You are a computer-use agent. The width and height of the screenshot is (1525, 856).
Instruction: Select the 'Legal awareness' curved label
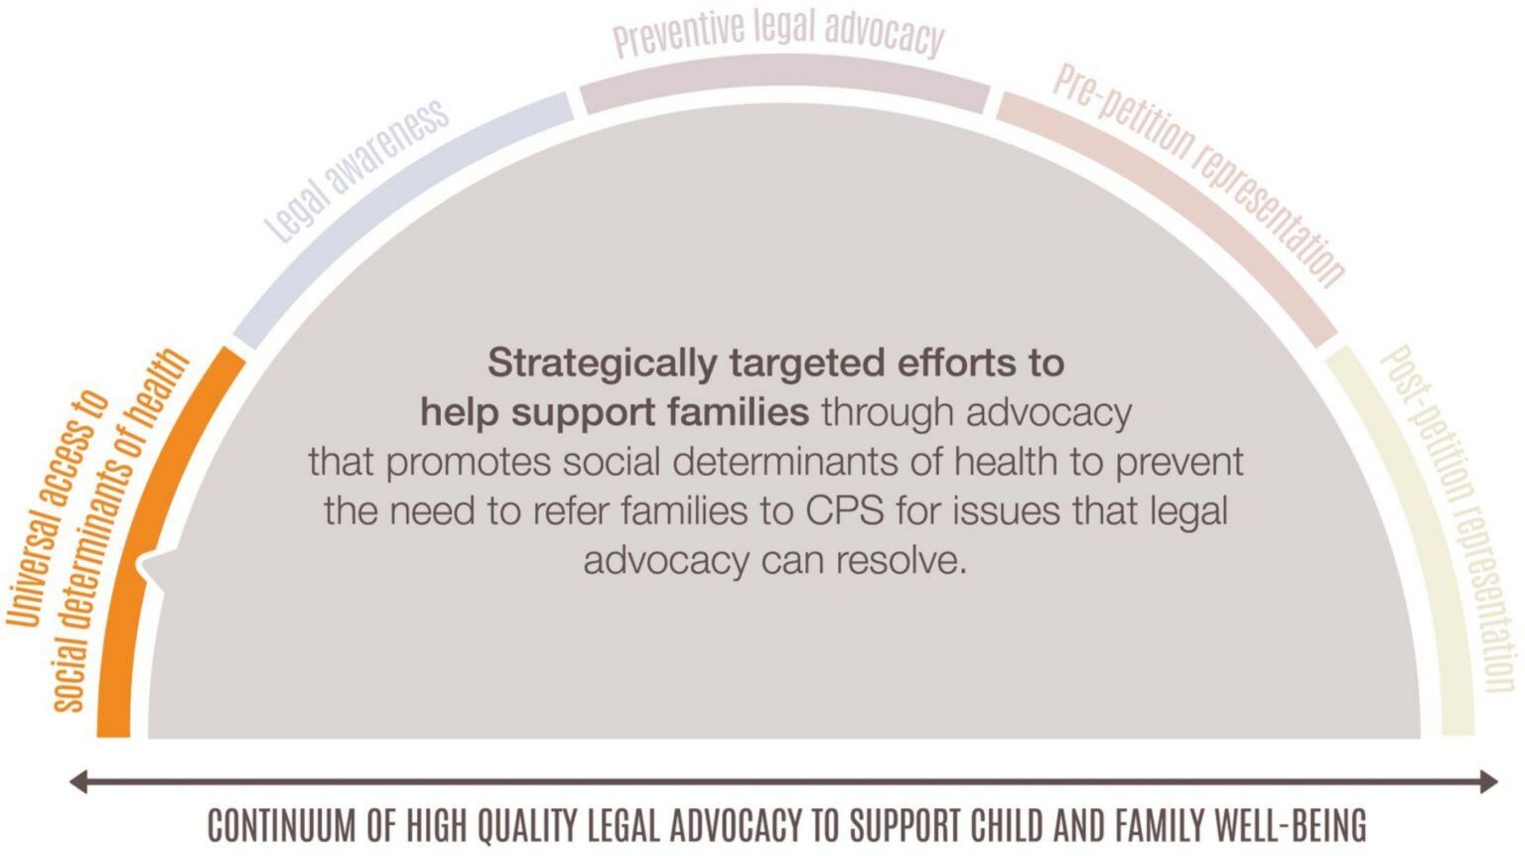tap(356, 172)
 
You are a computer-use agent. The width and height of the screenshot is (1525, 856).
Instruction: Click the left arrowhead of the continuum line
tap(77, 782)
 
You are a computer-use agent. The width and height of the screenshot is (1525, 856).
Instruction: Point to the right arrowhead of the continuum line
tap(1489, 782)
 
